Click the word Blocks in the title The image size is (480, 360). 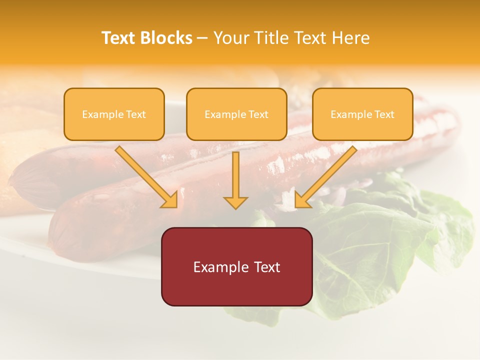166,38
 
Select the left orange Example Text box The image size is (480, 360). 114,114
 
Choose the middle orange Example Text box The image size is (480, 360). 236,114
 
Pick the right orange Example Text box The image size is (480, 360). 362,114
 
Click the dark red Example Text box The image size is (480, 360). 236,266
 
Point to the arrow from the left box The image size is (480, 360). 145,175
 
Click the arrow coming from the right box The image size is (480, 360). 327,175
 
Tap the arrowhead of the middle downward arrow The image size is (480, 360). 235,202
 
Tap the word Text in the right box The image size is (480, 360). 384,114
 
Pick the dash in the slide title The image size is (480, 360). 202,38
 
